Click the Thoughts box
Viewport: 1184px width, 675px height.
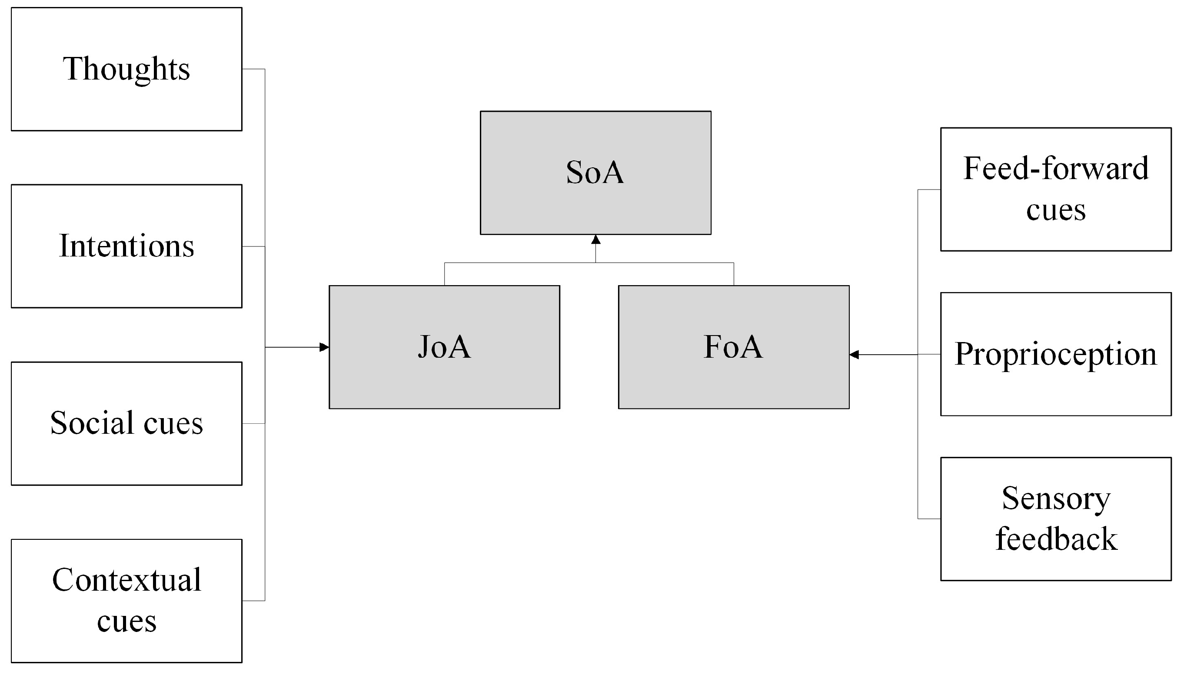coord(126,69)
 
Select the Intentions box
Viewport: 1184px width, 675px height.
coord(126,246)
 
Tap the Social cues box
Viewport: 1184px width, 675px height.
coord(126,423)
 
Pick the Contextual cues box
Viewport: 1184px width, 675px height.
coord(126,600)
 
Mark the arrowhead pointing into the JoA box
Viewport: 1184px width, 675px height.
coord(325,347)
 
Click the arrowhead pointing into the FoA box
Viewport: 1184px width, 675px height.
coord(854,355)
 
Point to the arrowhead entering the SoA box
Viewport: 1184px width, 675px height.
coord(596,239)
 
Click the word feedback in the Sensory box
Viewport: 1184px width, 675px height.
coord(1056,539)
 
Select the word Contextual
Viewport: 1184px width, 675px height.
coord(126,580)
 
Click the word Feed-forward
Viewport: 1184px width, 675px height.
coord(1056,168)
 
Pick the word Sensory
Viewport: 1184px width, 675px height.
coord(1056,499)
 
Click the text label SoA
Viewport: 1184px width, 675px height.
coord(595,173)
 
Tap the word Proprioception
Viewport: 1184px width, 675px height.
coord(1056,355)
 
